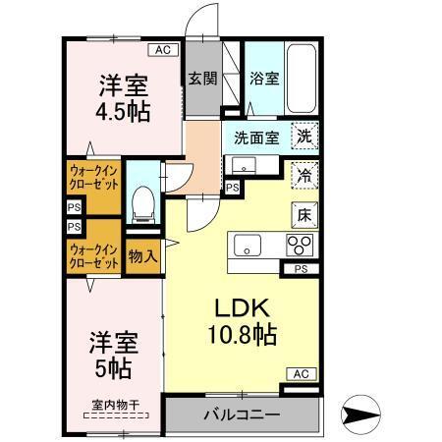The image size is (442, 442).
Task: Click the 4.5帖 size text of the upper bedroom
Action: (124, 111)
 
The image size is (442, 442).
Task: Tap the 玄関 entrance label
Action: (200, 80)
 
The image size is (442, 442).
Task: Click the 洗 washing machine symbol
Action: (304, 138)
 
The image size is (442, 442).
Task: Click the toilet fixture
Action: (144, 200)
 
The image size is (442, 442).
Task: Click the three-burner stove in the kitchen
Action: (299, 245)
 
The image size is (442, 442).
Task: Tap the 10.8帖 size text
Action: (241, 334)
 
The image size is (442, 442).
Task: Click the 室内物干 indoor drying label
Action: (115, 403)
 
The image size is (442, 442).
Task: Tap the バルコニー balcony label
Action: (242, 414)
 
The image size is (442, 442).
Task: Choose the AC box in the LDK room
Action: (302, 373)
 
